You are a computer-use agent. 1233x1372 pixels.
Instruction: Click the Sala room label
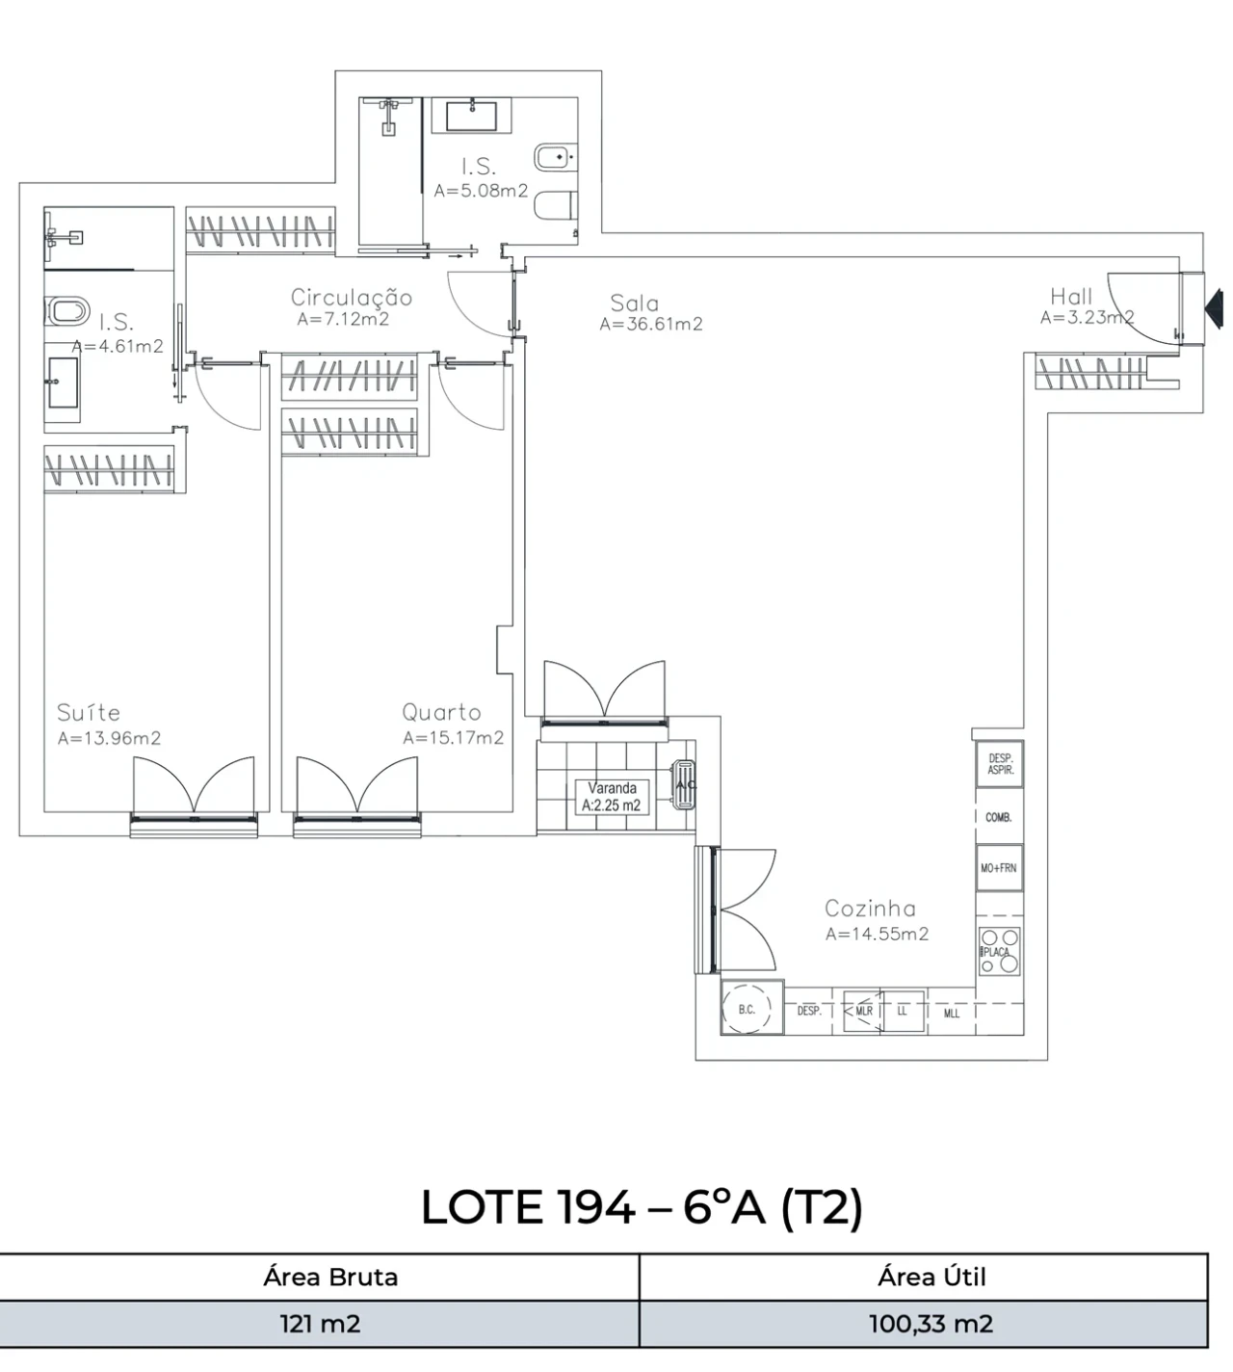coord(634,303)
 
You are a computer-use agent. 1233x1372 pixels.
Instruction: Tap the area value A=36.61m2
coord(651,325)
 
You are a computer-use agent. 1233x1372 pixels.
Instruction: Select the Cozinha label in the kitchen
coord(870,908)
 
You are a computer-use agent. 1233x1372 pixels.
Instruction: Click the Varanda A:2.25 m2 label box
coord(612,797)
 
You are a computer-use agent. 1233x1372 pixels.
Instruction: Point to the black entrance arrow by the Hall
coord(1215,308)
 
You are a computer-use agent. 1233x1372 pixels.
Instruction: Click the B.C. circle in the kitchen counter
coord(747,1010)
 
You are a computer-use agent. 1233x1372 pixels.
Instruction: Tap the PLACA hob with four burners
coord(999,951)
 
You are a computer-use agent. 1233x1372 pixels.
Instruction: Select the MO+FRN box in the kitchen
coord(999,868)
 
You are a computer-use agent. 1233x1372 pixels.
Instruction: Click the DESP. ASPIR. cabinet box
coord(1000,765)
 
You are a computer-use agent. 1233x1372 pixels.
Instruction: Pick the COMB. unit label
coord(999,817)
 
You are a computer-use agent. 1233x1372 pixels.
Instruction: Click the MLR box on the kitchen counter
coord(863,1011)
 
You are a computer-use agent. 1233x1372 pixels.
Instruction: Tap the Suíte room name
coord(89,713)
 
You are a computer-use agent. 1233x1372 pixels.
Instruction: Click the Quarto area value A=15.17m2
coord(453,738)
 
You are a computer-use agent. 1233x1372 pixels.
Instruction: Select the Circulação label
coord(352,298)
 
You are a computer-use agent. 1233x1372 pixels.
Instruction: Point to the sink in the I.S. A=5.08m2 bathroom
coord(478,116)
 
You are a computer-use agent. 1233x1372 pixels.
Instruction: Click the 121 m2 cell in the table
coord(320,1324)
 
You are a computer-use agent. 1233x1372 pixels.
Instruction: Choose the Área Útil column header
coord(931,1277)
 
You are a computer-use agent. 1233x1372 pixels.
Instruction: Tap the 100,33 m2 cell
coord(931,1324)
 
